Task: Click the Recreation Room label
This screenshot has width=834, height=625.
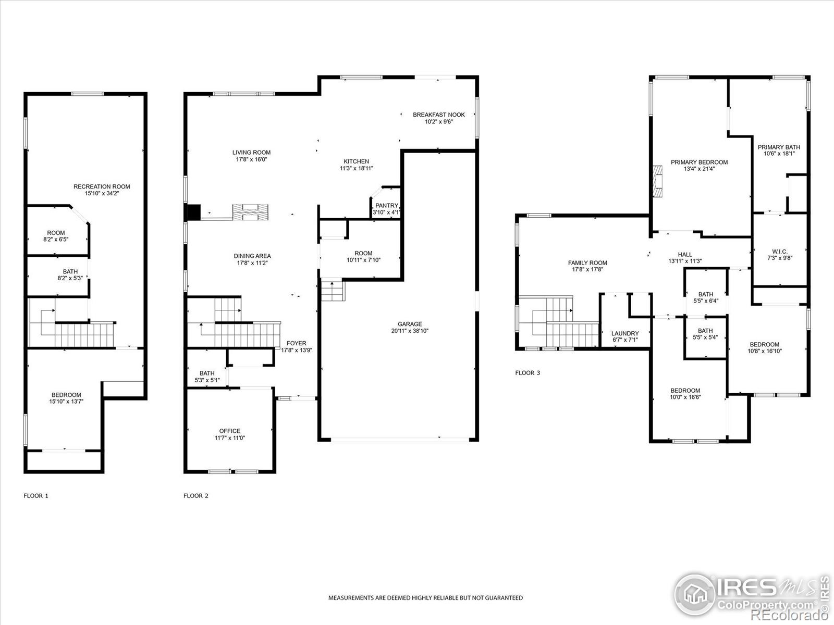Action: [x=102, y=186]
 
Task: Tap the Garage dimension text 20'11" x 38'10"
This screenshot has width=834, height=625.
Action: [x=410, y=331]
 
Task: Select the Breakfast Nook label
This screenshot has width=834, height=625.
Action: [x=439, y=115]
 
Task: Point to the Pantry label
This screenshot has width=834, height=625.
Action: [x=386, y=205]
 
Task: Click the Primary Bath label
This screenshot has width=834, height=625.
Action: [x=779, y=147]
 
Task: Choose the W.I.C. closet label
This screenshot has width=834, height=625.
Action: [x=780, y=251]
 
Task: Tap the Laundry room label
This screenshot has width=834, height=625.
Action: [x=625, y=333]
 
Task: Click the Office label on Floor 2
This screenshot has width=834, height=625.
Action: [x=229, y=431]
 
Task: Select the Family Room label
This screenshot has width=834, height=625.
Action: [x=587, y=262]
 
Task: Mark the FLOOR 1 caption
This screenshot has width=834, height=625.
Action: [x=36, y=496]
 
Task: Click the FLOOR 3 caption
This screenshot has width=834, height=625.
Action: [x=528, y=372]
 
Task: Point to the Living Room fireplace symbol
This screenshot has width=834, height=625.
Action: [x=250, y=212]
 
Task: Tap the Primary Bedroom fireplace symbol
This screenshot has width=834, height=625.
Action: [x=657, y=181]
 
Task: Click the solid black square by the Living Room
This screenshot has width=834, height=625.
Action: [x=193, y=213]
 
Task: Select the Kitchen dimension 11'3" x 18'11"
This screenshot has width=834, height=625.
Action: [x=357, y=168]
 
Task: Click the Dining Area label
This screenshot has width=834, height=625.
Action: [x=252, y=256]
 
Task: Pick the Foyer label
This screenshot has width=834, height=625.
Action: [x=297, y=343]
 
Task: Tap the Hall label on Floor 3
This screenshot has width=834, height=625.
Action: [x=685, y=254]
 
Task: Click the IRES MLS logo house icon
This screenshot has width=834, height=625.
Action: [x=695, y=594]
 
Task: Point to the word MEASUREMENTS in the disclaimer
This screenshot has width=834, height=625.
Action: [x=351, y=598]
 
